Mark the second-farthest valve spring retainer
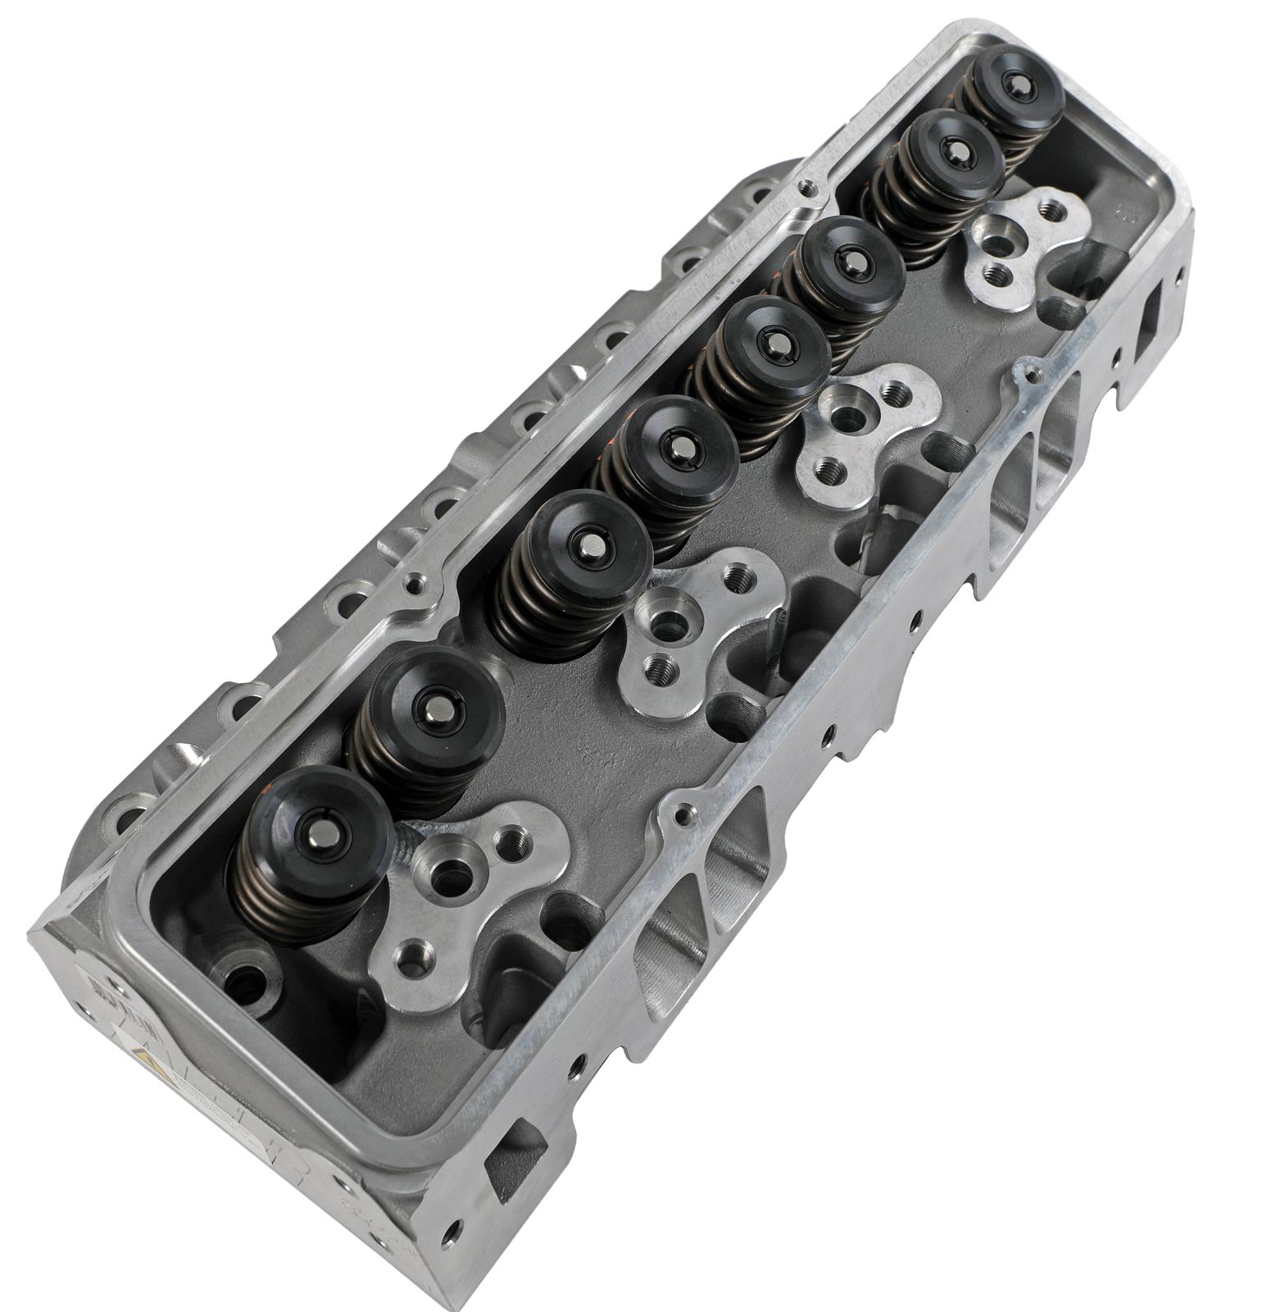click(954, 153)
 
